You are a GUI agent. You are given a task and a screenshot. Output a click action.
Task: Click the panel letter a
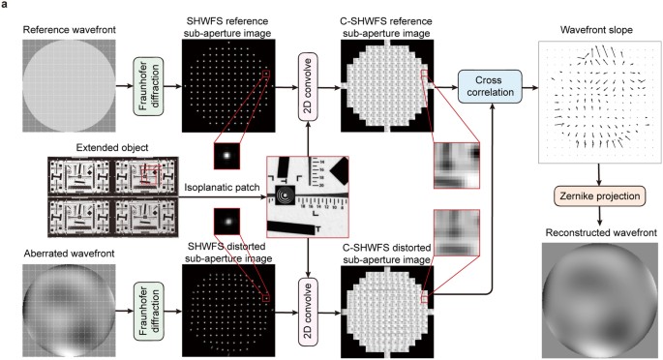(6, 6)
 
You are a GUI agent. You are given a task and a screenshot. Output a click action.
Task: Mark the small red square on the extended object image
(149, 174)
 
